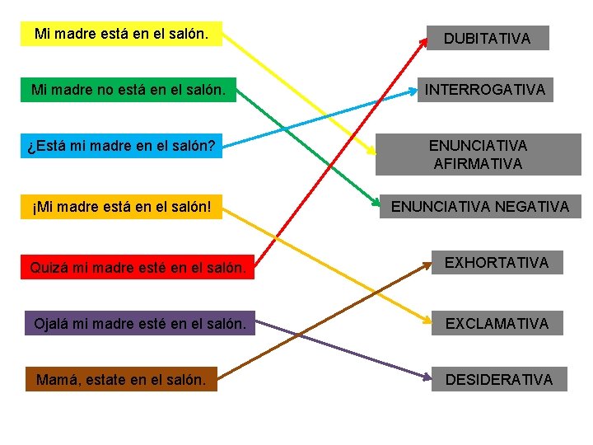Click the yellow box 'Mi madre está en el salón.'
click(120, 35)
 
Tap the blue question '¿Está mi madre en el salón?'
click(121, 147)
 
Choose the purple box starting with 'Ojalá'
click(140, 323)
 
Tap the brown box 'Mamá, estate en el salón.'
click(120, 379)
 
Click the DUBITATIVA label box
click(487, 38)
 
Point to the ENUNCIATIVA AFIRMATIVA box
click(478, 154)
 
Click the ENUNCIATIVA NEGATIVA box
click(479, 207)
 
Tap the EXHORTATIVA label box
click(496, 263)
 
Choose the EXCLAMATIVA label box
click(496, 323)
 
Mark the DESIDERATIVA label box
click(497, 379)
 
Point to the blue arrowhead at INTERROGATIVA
click(413, 92)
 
